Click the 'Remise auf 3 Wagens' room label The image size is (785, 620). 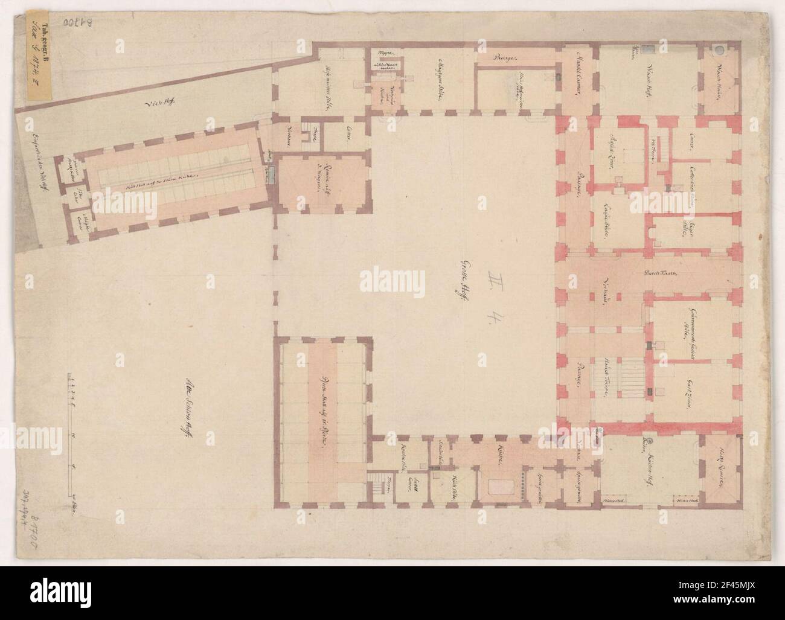(x=310, y=182)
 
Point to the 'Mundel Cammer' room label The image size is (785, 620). (x=575, y=80)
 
